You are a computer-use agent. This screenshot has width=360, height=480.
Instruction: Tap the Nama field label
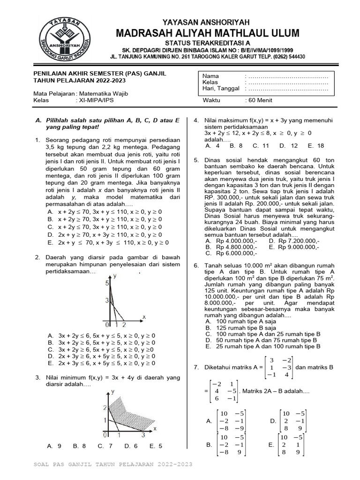[210, 76]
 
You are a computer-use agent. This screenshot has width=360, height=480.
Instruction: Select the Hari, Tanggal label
[221, 89]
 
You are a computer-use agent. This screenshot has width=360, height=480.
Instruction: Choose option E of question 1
[108, 243]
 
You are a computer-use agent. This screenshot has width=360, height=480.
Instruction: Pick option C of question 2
[101, 350]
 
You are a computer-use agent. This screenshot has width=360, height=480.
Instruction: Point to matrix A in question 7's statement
[279, 367]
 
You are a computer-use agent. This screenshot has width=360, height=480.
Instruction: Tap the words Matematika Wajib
[103, 93]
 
